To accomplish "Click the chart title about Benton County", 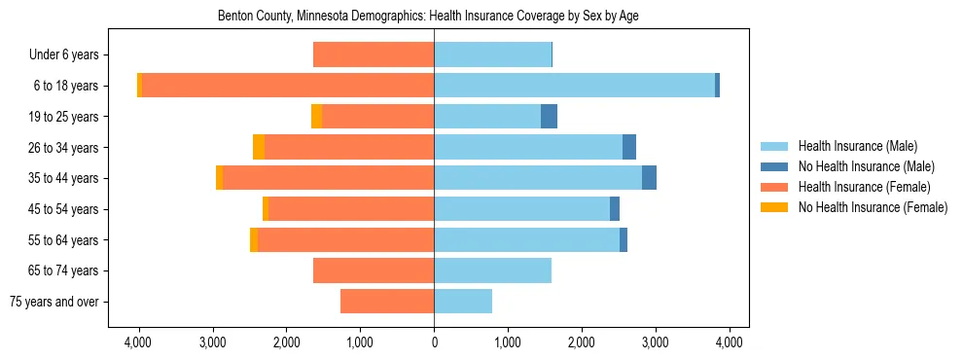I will tap(434, 17).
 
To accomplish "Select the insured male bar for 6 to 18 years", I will tap(574, 86).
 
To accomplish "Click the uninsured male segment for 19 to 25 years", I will tap(549, 117).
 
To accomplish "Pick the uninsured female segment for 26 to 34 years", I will tap(259, 147).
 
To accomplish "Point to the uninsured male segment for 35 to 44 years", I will tap(649, 178).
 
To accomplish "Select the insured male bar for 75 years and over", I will tap(463, 301).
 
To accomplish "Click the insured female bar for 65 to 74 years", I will tap(374, 270).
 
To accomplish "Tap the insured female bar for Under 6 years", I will tap(374, 55).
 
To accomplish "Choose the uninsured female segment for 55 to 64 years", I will tap(254, 239).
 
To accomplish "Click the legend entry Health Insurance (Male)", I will tap(857, 146).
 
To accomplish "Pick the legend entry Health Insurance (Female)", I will tap(862, 187).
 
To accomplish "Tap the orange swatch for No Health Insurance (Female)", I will tap(774, 207).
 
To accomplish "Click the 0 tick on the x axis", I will tap(434, 342).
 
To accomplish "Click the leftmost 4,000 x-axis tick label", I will tap(138, 342).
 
